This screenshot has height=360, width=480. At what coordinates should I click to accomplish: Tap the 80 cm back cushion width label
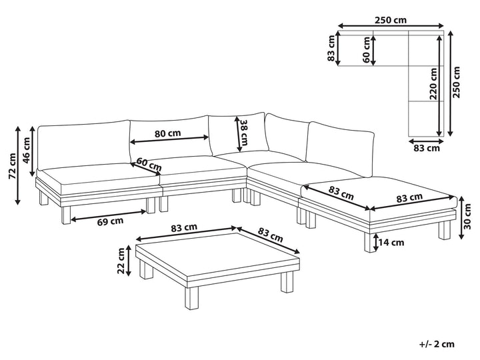[167, 133]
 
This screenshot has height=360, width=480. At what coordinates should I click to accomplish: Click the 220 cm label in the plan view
[433, 84]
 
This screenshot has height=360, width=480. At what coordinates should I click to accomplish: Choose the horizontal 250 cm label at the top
[391, 20]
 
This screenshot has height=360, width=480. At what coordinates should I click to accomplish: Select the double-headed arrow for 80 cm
[170, 140]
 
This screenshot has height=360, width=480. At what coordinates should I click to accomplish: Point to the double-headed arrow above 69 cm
[109, 215]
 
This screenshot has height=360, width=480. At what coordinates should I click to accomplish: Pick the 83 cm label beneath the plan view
[426, 148]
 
